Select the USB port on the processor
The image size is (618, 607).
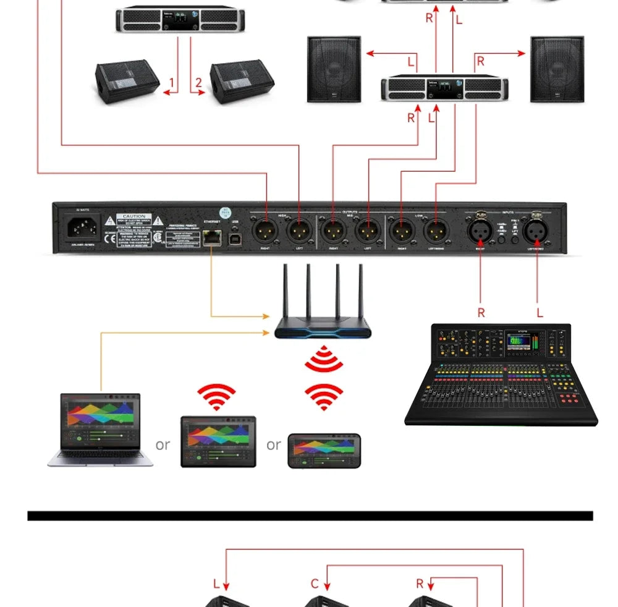point(235,237)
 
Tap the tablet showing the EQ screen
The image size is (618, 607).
point(218,441)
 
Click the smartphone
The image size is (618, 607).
point(324,450)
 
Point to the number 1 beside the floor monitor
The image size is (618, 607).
point(171,83)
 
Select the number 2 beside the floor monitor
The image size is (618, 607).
point(198,83)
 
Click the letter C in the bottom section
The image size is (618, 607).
point(315,584)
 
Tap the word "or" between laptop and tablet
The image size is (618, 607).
point(163,445)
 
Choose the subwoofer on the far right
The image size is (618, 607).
point(557,69)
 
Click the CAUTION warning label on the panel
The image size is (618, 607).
point(134,217)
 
